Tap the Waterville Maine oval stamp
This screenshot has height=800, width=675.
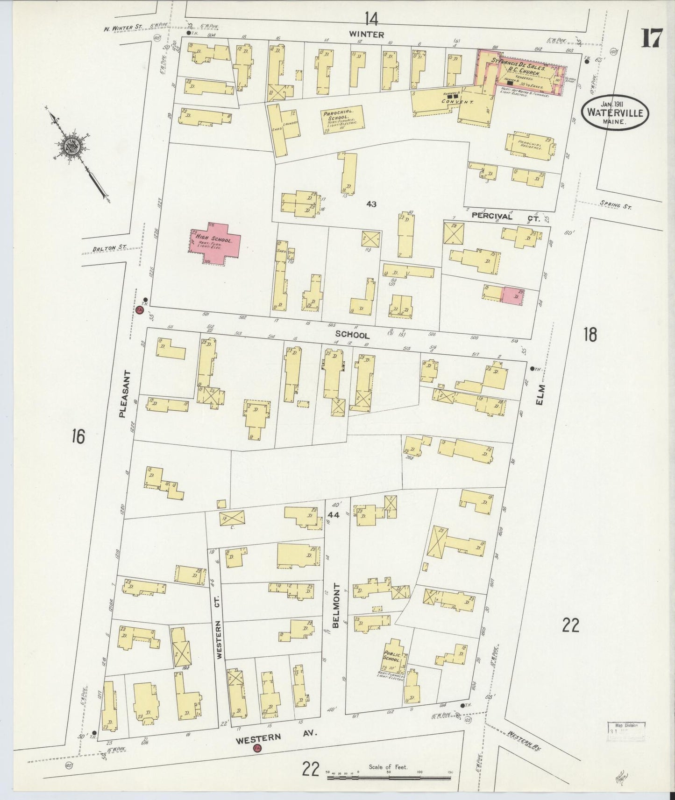coord(615,113)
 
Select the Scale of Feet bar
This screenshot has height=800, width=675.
coord(390,778)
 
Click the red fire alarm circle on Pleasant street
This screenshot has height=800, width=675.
coord(140,310)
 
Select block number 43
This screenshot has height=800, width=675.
coord(371,204)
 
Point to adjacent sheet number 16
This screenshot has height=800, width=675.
coord(78,437)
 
